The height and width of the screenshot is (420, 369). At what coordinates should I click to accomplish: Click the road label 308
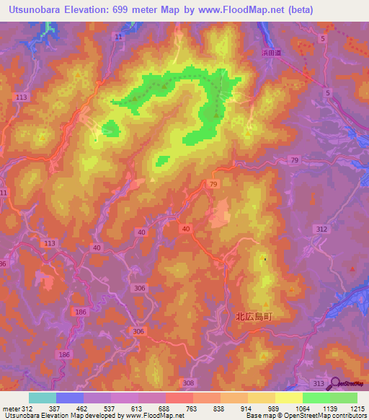click(189, 382)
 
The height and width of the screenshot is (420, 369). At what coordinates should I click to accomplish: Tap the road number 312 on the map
click(321, 229)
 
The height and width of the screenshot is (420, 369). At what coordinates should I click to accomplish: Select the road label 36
click(3, 263)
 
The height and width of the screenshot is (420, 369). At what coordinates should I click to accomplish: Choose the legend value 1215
click(358, 408)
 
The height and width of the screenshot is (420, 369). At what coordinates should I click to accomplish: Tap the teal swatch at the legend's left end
click(43, 398)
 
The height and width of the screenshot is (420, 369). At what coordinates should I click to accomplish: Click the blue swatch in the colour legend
click(70, 398)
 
